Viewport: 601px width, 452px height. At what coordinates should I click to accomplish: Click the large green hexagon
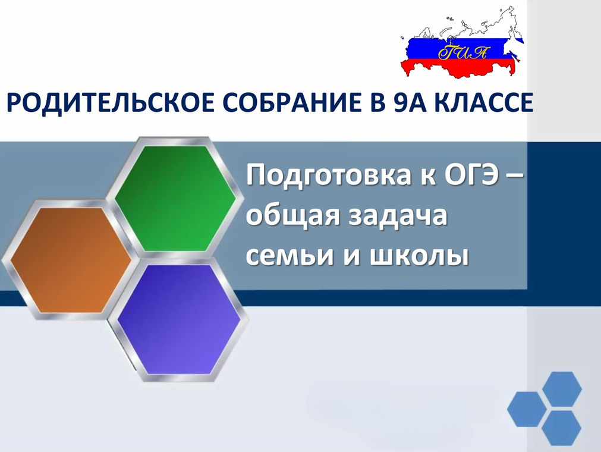pos(175,199)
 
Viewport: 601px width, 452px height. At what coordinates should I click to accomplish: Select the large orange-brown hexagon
pos(71,260)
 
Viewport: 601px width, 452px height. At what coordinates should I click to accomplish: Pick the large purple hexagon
pos(179,319)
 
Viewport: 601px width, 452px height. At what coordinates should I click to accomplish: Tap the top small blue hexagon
pos(562,389)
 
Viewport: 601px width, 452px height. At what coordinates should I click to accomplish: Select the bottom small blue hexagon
pos(562,428)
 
